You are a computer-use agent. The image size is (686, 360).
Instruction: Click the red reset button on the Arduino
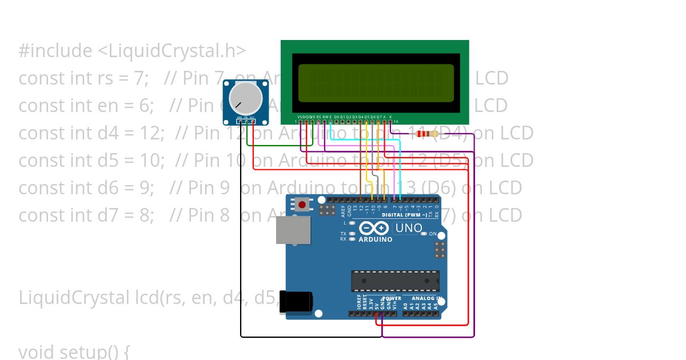pyautogui.click(x=302, y=204)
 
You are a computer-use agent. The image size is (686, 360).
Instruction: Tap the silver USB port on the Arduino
pyautogui.click(x=293, y=230)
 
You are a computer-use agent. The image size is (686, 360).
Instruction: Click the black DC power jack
pyautogui.click(x=299, y=302)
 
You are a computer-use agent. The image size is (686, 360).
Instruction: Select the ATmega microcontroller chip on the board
pyautogui.click(x=396, y=281)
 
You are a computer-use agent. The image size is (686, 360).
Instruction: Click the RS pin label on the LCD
pyautogui.click(x=318, y=117)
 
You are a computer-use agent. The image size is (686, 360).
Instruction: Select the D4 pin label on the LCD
pyautogui.click(x=360, y=117)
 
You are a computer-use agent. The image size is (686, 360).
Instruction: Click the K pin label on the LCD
pyautogui.click(x=390, y=117)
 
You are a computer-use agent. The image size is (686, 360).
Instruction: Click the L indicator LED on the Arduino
pyautogui.click(x=352, y=223)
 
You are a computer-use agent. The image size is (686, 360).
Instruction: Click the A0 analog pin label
pyautogui.click(x=405, y=306)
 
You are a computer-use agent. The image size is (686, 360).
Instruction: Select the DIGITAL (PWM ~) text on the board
pyautogui.click(x=404, y=215)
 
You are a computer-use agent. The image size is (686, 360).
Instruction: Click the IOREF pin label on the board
pyautogui.click(x=359, y=303)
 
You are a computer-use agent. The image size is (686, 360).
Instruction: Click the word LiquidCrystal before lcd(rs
pyautogui.click(x=74, y=298)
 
